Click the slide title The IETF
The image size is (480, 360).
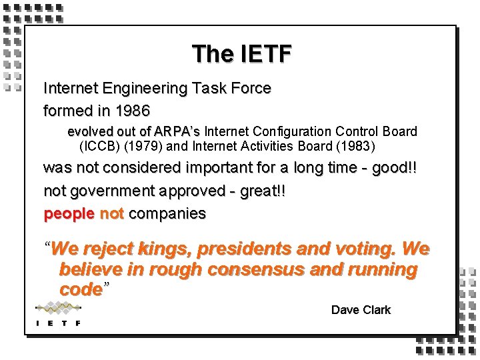pos(241,54)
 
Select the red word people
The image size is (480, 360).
pos(69,214)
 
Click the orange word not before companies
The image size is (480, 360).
pos(111,214)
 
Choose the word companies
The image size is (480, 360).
pos(167,214)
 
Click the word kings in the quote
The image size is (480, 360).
pos(164,249)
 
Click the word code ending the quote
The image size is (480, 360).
pos(80,290)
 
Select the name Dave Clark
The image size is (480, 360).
pos(361,310)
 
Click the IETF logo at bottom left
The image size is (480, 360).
pos(59,314)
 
